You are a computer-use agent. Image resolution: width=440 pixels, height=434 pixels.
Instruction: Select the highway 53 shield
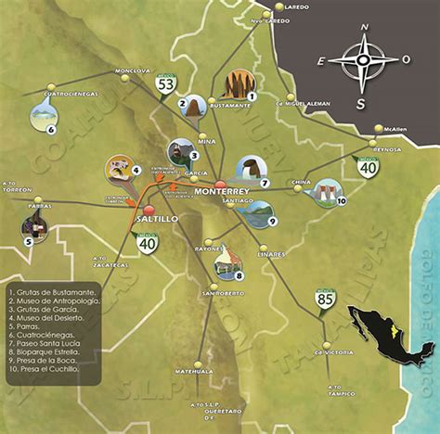click(166, 85)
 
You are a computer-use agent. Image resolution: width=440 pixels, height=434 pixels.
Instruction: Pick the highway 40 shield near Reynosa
click(368, 167)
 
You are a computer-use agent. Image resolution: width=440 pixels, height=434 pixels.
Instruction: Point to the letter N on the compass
click(364, 29)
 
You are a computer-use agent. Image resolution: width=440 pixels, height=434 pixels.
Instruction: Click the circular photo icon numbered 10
click(327, 192)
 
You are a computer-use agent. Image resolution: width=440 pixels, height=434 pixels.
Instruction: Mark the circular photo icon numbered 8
click(227, 263)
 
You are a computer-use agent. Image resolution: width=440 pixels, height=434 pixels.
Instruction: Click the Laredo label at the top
click(296, 6)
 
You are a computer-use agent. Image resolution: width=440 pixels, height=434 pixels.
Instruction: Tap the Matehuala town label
click(196, 369)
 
